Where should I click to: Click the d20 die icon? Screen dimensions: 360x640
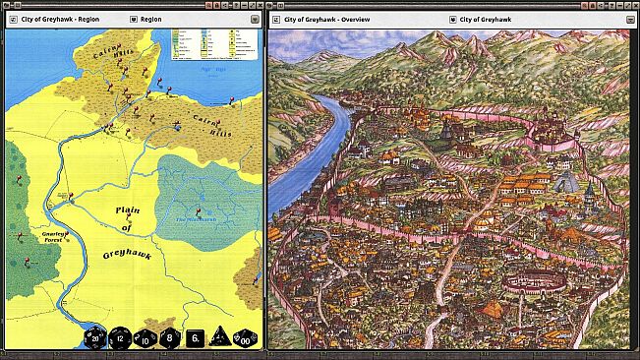click(92, 337)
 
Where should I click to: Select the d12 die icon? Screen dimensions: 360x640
click(119, 337)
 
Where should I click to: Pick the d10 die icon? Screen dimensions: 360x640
click(144, 337)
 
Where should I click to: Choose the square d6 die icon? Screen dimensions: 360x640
click(194, 337)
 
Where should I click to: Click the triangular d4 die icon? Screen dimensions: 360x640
click(218, 337)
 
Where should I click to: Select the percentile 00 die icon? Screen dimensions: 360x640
click(244, 337)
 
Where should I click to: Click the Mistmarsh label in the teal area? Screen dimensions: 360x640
click(193, 218)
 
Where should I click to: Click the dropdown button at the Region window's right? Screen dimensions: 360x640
click(254, 19)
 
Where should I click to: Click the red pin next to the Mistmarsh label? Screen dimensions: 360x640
click(199, 210)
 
